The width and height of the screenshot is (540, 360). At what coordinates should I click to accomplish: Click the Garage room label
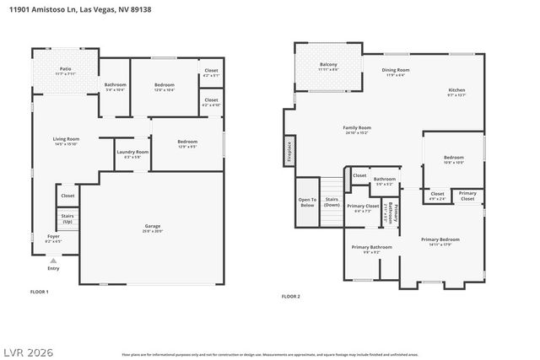153,227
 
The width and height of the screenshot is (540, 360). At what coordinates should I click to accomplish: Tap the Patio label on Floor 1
65,71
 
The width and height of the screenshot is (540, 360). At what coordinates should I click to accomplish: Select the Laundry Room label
132,153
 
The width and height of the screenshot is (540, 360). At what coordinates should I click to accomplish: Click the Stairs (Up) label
67,219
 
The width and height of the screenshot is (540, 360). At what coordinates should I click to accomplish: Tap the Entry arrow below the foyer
53,261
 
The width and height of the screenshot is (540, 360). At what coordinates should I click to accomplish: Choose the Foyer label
52,239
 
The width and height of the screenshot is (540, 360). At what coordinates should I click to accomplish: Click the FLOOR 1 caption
40,292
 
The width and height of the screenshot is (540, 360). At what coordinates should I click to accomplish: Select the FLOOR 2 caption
291,296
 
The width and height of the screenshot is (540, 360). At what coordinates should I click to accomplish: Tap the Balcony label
328,67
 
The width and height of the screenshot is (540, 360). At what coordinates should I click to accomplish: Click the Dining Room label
396,72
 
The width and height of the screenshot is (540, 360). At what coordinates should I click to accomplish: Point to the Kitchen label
456,92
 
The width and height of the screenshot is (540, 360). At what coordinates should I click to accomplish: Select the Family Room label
357,130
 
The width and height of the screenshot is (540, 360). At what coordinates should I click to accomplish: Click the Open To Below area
306,203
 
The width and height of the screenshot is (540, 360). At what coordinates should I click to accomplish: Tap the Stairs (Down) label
332,203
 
